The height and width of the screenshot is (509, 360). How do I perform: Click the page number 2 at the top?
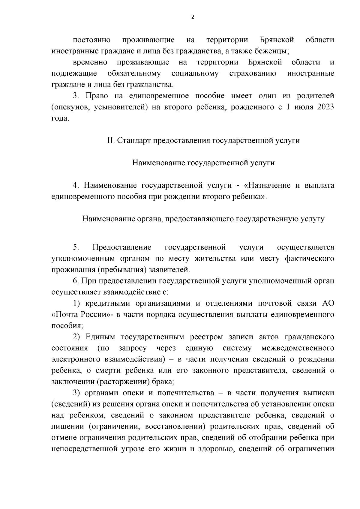pos(193,17)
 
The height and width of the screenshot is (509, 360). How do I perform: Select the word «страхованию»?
pos(253,73)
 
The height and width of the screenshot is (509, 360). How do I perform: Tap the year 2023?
pos(324,107)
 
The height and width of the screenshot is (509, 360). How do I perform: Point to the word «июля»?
pos(300,107)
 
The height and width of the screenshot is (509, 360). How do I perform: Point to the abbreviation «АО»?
pos(328,303)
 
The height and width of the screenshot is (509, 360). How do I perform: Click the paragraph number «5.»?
pos(76,247)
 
